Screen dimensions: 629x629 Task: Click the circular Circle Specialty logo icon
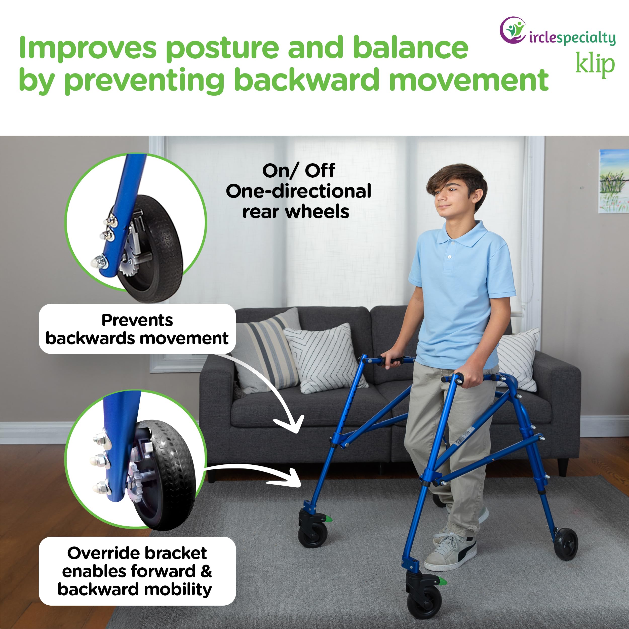[x=513, y=30]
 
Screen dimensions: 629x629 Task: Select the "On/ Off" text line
[x=299, y=171]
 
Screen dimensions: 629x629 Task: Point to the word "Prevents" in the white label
[x=137, y=320]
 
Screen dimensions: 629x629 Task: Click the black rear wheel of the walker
[x=566, y=544]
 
